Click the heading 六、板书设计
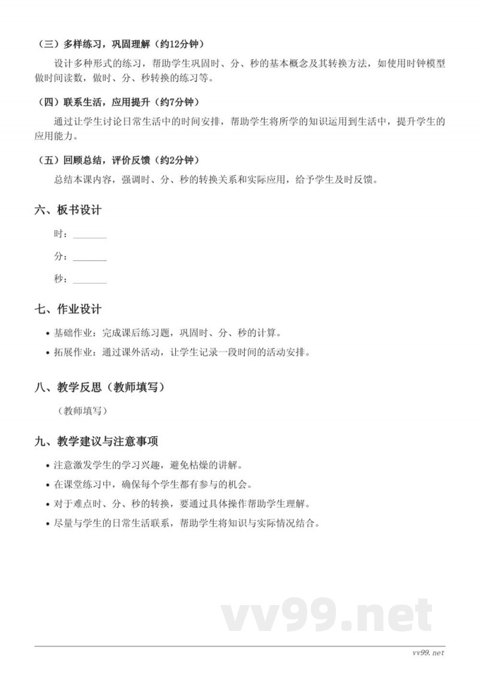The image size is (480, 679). click(x=68, y=210)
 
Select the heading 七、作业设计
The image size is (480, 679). click(x=68, y=309)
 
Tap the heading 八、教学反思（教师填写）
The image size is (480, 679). click(x=100, y=388)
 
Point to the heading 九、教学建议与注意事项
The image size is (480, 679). click(x=96, y=442)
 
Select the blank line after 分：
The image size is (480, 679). click(x=89, y=257)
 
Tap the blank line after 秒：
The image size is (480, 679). click(x=89, y=280)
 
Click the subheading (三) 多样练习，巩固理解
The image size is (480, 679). click(x=96, y=44)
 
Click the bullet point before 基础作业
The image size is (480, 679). click(x=47, y=333)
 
